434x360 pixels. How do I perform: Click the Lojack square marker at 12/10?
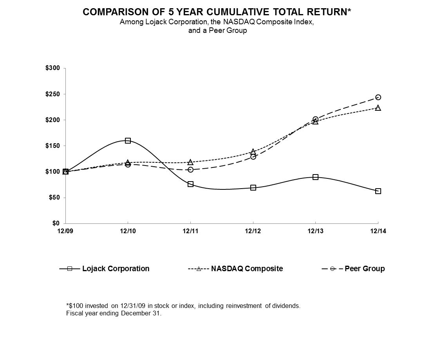coord(128,140)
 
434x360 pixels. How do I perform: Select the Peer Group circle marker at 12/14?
coord(378,97)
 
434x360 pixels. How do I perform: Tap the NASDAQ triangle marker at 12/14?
coord(378,108)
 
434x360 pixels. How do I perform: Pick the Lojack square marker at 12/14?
coord(378,191)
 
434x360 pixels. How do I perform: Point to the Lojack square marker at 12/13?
coord(315,177)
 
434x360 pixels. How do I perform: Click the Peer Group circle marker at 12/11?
coord(190,169)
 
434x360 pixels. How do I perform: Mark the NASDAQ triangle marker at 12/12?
coord(253,151)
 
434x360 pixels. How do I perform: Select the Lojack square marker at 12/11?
coord(190,184)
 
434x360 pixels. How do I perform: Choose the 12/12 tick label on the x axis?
coord(253,231)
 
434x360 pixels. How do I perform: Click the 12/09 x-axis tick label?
coord(65,231)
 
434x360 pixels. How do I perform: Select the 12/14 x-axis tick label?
coord(378,231)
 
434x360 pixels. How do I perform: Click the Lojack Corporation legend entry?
coord(116,268)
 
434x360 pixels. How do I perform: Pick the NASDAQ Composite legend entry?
coord(247,268)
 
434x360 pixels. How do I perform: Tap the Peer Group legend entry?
coord(364,268)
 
